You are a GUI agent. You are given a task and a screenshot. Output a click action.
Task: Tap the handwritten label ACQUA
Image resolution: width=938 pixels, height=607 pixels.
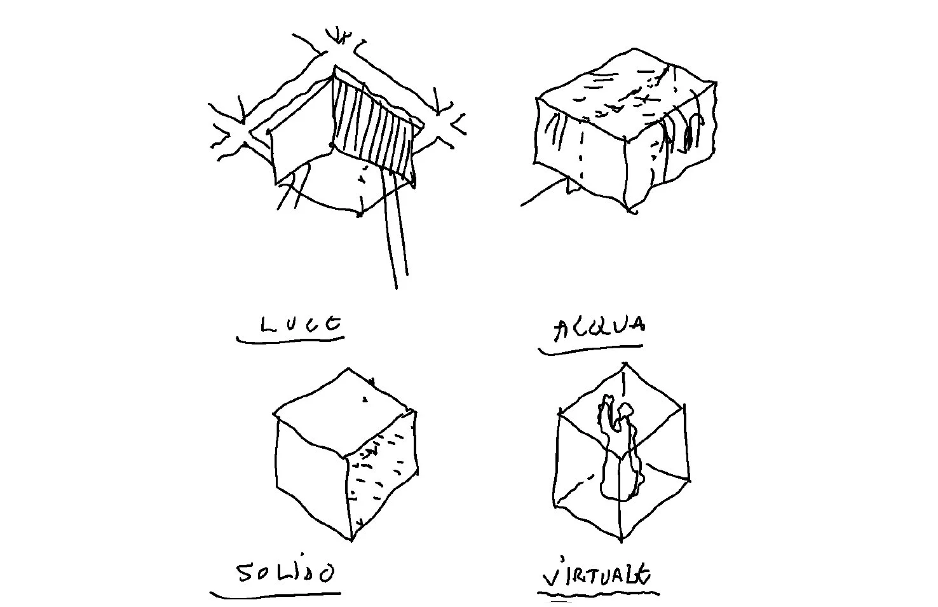point(599,329)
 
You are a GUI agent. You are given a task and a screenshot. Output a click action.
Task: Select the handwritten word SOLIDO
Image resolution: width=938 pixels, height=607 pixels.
point(285,574)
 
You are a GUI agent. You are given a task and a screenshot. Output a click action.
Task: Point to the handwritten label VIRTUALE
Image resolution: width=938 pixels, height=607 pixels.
point(597,575)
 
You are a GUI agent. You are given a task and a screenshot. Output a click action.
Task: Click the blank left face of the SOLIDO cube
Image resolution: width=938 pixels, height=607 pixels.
point(311,477)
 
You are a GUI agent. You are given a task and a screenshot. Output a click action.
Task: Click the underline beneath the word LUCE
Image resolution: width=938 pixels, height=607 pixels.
point(290,340)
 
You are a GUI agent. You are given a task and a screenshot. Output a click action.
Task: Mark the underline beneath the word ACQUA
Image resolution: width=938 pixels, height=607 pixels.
point(590,349)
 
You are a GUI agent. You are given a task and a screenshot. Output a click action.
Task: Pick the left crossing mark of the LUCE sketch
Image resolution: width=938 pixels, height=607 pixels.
point(235,130)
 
